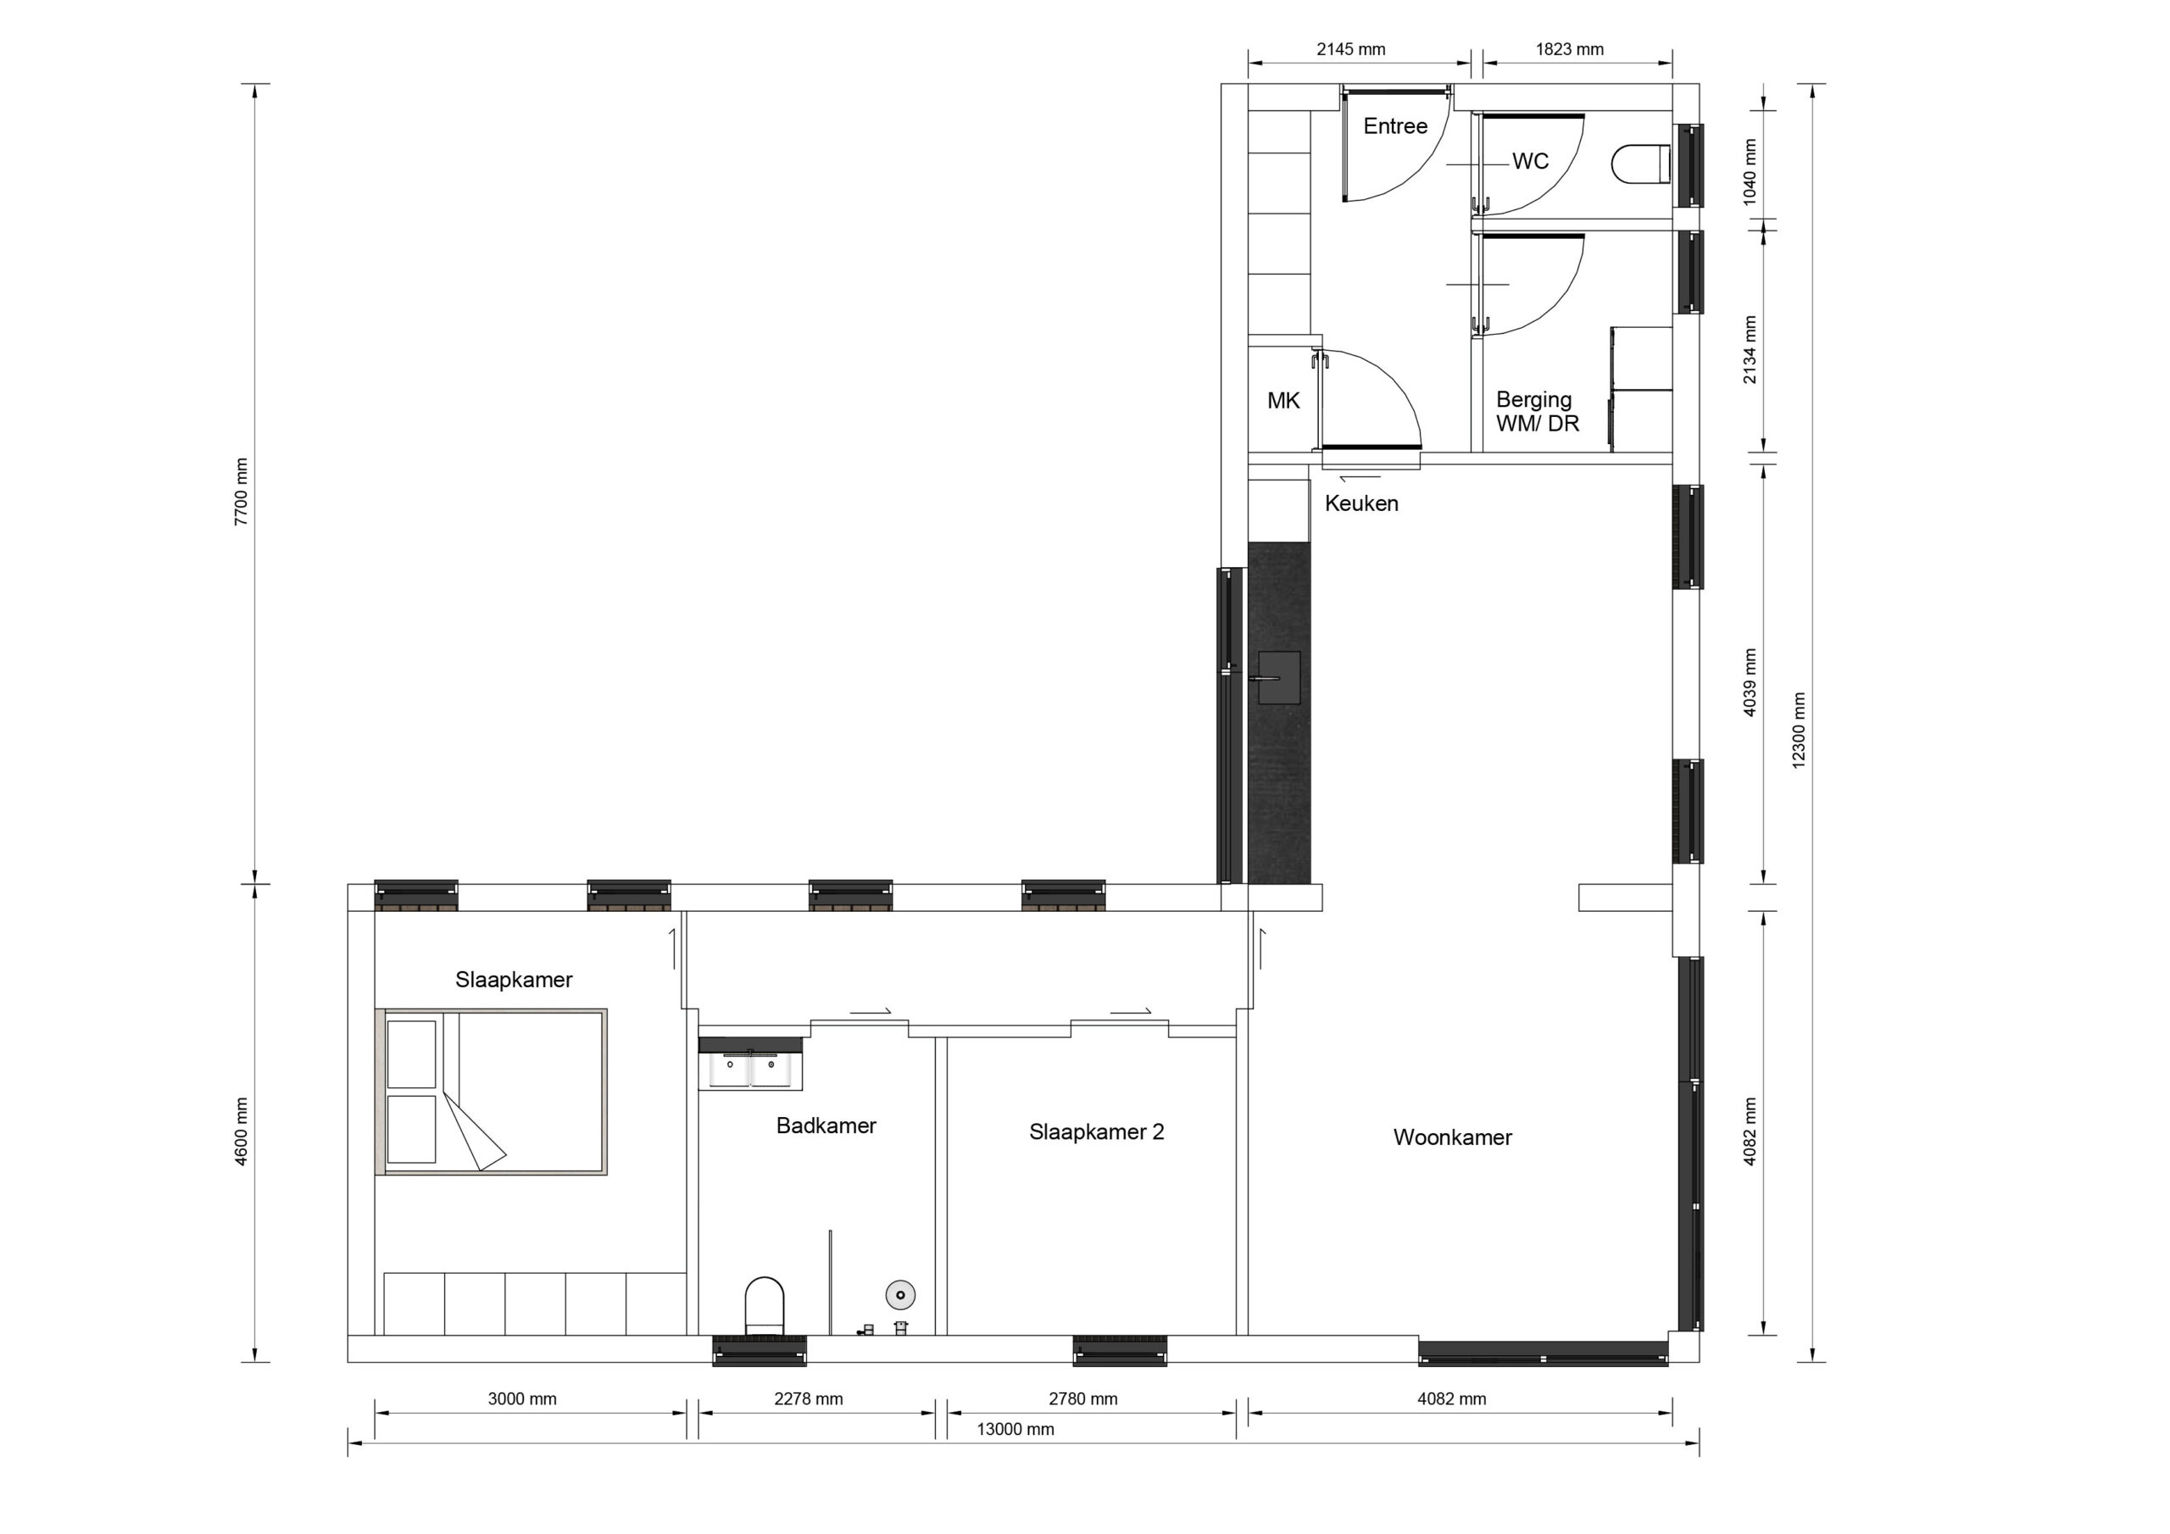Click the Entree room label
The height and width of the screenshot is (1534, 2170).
(1395, 125)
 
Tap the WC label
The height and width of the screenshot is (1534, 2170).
(1530, 162)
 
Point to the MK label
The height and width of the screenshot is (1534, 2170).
(1283, 401)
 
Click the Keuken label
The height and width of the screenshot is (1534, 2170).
(1361, 503)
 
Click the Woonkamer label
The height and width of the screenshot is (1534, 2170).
(1453, 1137)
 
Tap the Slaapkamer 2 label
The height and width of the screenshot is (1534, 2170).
(1096, 1131)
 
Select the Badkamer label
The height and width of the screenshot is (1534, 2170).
(826, 1125)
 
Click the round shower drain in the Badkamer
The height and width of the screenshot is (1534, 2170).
(899, 1295)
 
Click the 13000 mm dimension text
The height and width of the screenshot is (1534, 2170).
(1015, 1429)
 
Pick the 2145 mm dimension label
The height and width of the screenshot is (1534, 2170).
(1350, 49)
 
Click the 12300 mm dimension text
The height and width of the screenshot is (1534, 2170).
(1799, 731)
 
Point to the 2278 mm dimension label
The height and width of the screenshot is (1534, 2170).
(808, 1399)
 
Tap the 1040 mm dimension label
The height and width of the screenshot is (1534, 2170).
(1750, 172)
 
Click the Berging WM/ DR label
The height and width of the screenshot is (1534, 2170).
(1537, 412)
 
